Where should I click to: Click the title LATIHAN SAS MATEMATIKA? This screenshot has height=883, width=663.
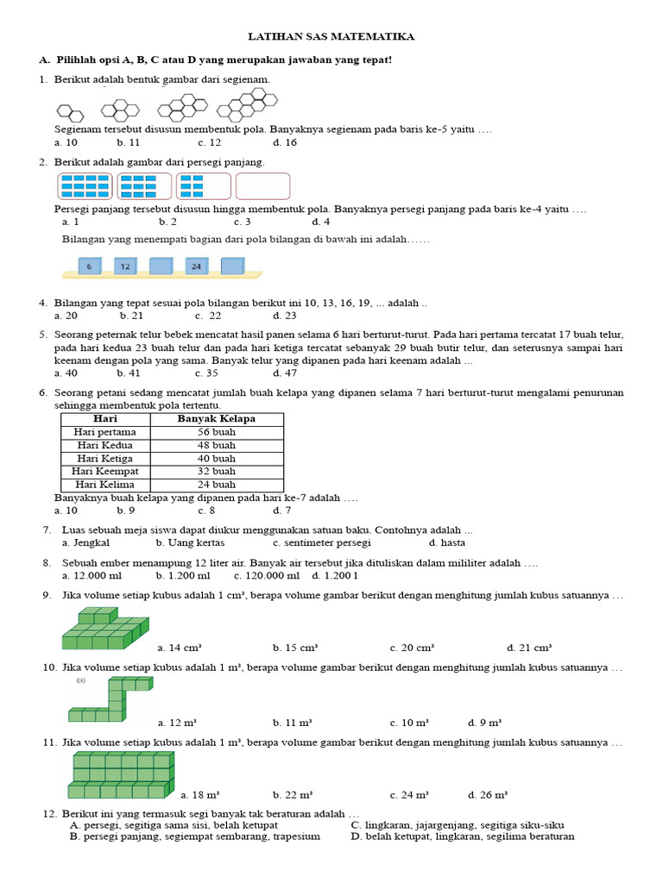tap(331, 37)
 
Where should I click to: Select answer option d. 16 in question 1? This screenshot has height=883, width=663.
tap(285, 142)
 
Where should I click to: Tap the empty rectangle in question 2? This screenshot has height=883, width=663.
tap(262, 185)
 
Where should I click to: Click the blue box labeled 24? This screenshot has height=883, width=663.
tap(196, 266)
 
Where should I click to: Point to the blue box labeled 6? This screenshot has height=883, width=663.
tap(89, 266)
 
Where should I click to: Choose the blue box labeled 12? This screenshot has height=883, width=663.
tap(125, 266)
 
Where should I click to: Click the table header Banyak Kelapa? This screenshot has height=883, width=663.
tap(217, 419)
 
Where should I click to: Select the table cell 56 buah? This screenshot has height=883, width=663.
tap(217, 432)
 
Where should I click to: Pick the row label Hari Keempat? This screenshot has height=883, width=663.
tap(105, 472)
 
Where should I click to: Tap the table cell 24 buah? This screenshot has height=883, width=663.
tap(217, 485)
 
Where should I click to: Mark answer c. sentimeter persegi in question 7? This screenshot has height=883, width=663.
tap(321, 543)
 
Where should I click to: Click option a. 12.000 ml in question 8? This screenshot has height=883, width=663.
tap(92, 575)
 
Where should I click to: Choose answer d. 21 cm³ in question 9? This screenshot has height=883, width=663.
tap(528, 648)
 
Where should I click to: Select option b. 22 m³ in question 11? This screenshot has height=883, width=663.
tap(292, 794)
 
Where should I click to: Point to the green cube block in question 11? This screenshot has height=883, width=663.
tap(121, 775)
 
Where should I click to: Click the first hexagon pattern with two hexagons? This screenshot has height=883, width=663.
tap(70, 111)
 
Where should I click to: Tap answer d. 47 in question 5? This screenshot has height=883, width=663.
tap(285, 373)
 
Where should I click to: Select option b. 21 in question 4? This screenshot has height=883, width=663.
tap(131, 316)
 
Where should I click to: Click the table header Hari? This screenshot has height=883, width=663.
tap(105, 419)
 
